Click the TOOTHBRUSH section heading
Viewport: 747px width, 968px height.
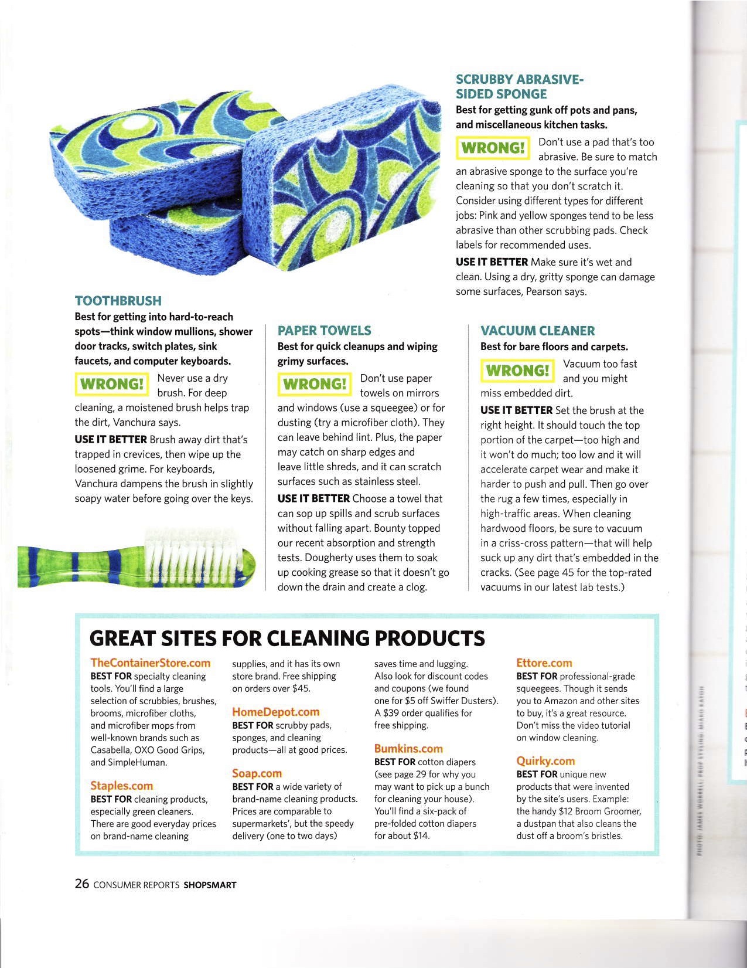[118, 301]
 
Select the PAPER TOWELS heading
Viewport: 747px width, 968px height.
[324, 331]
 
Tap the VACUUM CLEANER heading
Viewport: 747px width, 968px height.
[537, 331]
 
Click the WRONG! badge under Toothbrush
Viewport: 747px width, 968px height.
[111, 384]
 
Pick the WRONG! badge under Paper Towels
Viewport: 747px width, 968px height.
[314, 384]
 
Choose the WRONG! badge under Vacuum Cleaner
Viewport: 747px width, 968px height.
[517, 371]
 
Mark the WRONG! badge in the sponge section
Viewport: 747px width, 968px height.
[492, 148]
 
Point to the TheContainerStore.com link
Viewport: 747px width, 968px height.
[150, 663]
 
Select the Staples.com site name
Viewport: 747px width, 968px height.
[121, 786]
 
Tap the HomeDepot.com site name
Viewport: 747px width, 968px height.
[275, 712]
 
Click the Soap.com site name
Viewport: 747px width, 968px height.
[257, 773]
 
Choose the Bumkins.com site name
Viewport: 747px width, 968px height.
[408, 749]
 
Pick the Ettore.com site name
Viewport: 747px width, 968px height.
[544, 663]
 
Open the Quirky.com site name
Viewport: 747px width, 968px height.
[545, 761]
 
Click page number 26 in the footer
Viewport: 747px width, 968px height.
[81, 884]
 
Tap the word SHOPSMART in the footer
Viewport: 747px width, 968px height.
[210, 885]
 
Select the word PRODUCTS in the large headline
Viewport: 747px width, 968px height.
[429, 638]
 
